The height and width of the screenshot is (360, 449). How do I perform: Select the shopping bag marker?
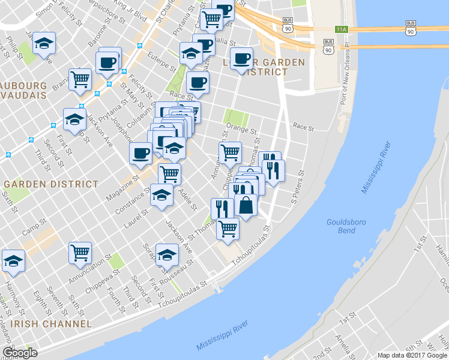pyautogui.click(x=246, y=205)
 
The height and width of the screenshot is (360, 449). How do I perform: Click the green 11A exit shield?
pyautogui.click(x=342, y=29)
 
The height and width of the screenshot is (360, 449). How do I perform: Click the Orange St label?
pyautogui.click(x=242, y=130)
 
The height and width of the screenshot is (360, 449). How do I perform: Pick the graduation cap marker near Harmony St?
pyautogui.click(x=13, y=261)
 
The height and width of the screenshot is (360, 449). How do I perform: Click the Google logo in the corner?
pyautogui.click(x=20, y=352)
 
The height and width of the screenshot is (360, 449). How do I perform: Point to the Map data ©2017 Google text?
pyautogui.click(x=413, y=355)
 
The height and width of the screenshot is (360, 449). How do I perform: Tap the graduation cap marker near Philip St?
pyautogui.click(x=44, y=43)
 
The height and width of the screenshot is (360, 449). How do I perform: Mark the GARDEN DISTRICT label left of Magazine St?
pyautogui.click(x=51, y=184)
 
